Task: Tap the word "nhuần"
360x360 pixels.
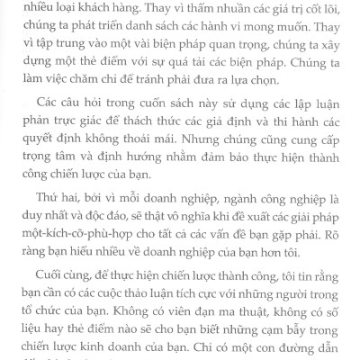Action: coord(226,7)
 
